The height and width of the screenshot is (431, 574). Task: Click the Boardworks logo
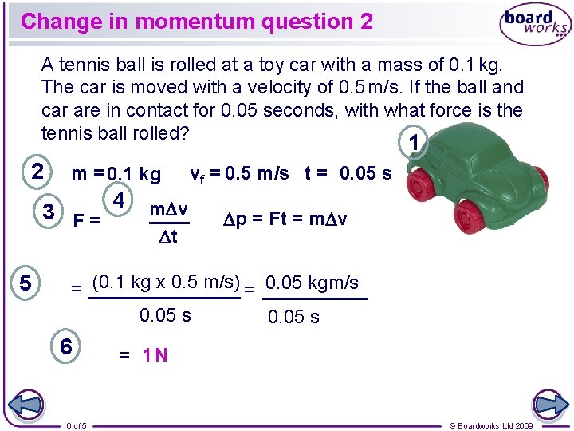coord(534,25)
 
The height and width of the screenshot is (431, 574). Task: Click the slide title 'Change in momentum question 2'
coord(197,22)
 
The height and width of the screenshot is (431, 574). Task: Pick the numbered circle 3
coord(49,212)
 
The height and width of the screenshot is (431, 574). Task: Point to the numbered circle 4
coord(119,199)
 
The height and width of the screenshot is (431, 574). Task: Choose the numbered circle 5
coord(26,283)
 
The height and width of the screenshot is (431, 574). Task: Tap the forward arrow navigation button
coord(550,404)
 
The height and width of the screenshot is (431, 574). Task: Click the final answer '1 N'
coord(155,355)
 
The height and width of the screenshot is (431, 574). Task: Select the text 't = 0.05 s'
coord(348,173)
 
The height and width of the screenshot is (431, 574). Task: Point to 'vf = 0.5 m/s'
coord(239,173)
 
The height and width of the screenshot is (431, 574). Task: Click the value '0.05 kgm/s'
coord(312,283)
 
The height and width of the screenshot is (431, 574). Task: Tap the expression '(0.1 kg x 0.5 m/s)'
coord(166,282)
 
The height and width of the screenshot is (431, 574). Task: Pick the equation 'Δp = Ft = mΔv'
coord(291,219)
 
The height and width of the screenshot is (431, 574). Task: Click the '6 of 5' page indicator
coord(77,425)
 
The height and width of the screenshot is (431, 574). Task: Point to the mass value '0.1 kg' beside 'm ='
coord(134,174)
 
